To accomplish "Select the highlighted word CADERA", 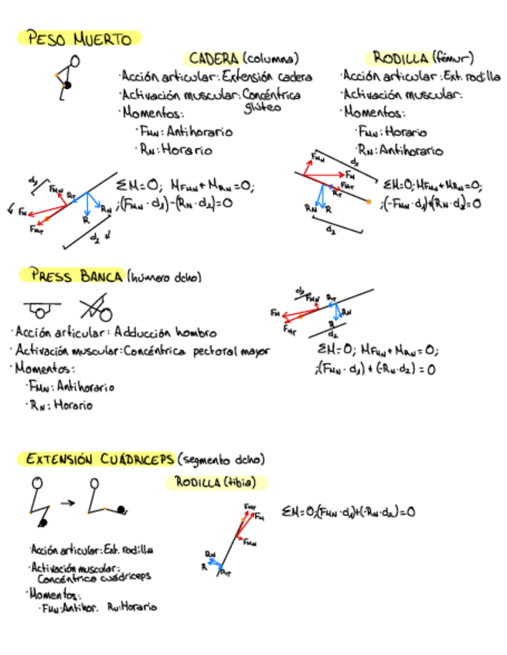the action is [213, 59].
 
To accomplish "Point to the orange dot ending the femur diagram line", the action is [369, 202].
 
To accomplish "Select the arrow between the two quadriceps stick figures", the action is [68, 503].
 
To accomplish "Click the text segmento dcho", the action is [221, 460].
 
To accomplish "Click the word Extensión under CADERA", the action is [248, 76].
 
